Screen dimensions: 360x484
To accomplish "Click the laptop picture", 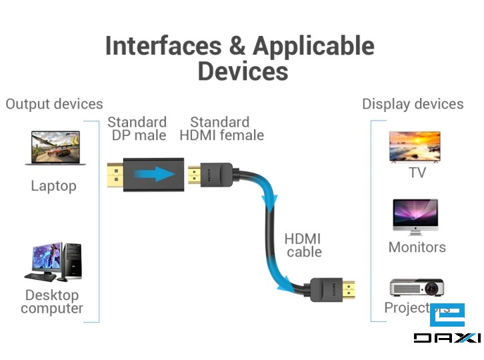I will [x=55, y=148].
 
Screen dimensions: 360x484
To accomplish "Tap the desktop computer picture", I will [x=55, y=261].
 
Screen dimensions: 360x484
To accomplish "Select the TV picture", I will [x=415, y=147].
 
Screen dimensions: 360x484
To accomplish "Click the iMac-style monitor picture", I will [x=415, y=217].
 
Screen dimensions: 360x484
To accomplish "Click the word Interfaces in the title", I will [x=163, y=46].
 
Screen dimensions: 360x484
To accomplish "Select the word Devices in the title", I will [x=243, y=71].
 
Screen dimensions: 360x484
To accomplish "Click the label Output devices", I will [x=54, y=104].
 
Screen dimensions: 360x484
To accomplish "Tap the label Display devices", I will [x=413, y=104].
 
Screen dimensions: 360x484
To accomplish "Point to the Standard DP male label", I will [x=137, y=129].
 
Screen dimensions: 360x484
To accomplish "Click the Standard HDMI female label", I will [x=221, y=129].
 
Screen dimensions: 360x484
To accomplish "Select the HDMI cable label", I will [x=303, y=245].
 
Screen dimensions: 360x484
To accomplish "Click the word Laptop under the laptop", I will [x=53, y=186].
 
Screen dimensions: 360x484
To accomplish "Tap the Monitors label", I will [x=417, y=247].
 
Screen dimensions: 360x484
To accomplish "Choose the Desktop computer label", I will [x=52, y=301].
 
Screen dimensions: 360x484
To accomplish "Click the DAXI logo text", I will [x=447, y=337].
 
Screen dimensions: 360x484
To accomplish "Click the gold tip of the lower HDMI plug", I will [x=349, y=290].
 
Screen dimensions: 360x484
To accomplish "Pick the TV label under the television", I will [x=417, y=173].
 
